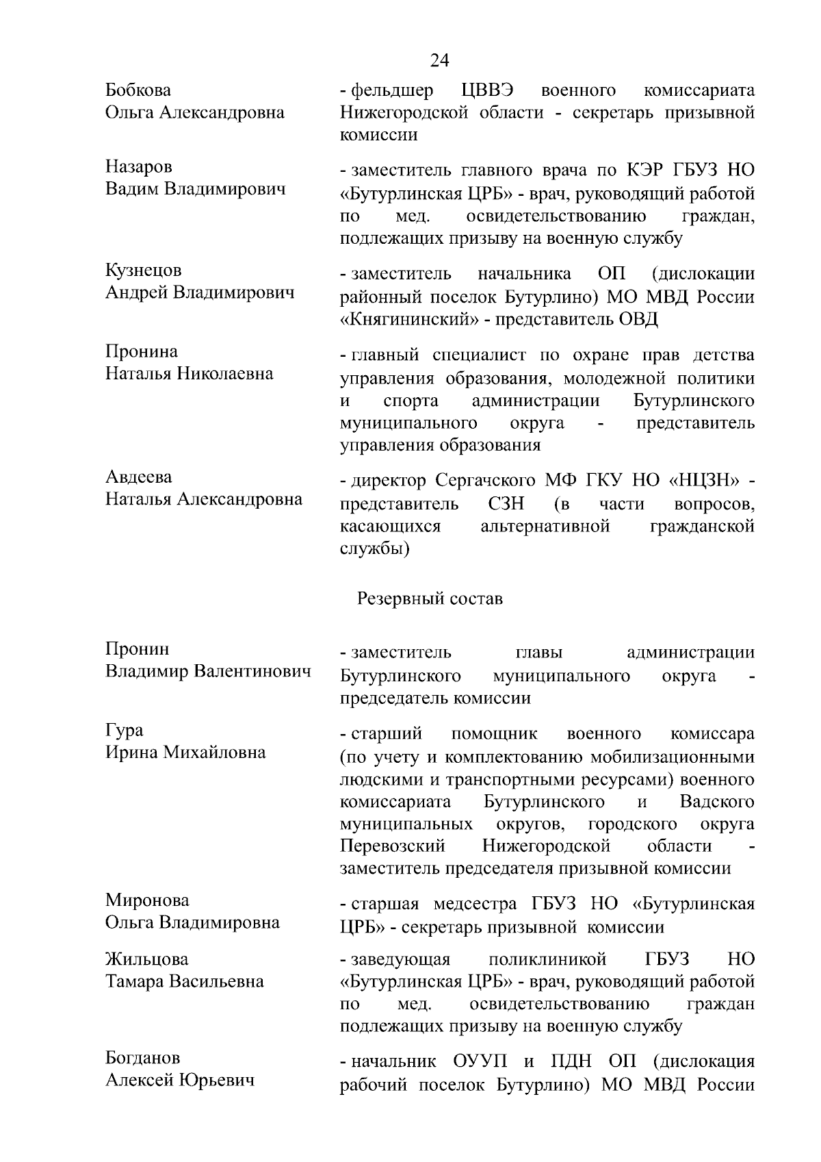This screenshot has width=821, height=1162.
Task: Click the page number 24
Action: pyautogui.click(x=439, y=61)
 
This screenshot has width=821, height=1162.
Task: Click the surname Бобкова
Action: pyautogui.click(x=138, y=90)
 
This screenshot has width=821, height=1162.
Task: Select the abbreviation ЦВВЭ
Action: pyautogui.click(x=488, y=90)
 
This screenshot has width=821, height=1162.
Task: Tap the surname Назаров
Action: pyautogui.click(x=139, y=167)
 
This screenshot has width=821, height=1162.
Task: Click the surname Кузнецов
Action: pyautogui.click(x=144, y=270)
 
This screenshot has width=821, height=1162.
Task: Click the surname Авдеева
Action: pyautogui.click(x=139, y=477)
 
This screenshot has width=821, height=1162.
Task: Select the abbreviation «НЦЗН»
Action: pyautogui.click(x=705, y=481)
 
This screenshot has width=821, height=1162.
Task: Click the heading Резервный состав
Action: pyautogui.click(x=430, y=599)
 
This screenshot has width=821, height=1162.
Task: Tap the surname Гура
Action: pyautogui.click(x=125, y=731)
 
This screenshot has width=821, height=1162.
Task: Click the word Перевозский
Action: pyautogui.click(x=393, y=846)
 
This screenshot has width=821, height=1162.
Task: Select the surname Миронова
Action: pyautogui.click(x=147, y=900)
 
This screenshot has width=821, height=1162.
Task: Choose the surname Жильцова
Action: pyautogui.click(x=146, y=959)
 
